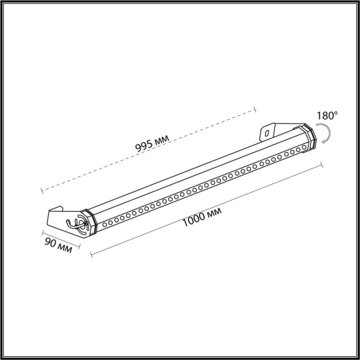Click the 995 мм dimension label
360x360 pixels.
tap(152, 143)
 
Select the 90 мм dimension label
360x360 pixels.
tap(58, 244)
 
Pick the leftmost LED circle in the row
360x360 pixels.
tap(104, 223)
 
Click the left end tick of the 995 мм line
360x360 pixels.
tap(42, 191)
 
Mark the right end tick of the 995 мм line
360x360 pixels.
tap(256, 109)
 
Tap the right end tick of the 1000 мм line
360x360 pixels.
tap(322, 165)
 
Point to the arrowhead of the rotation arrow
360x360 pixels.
tap(323, 142)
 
